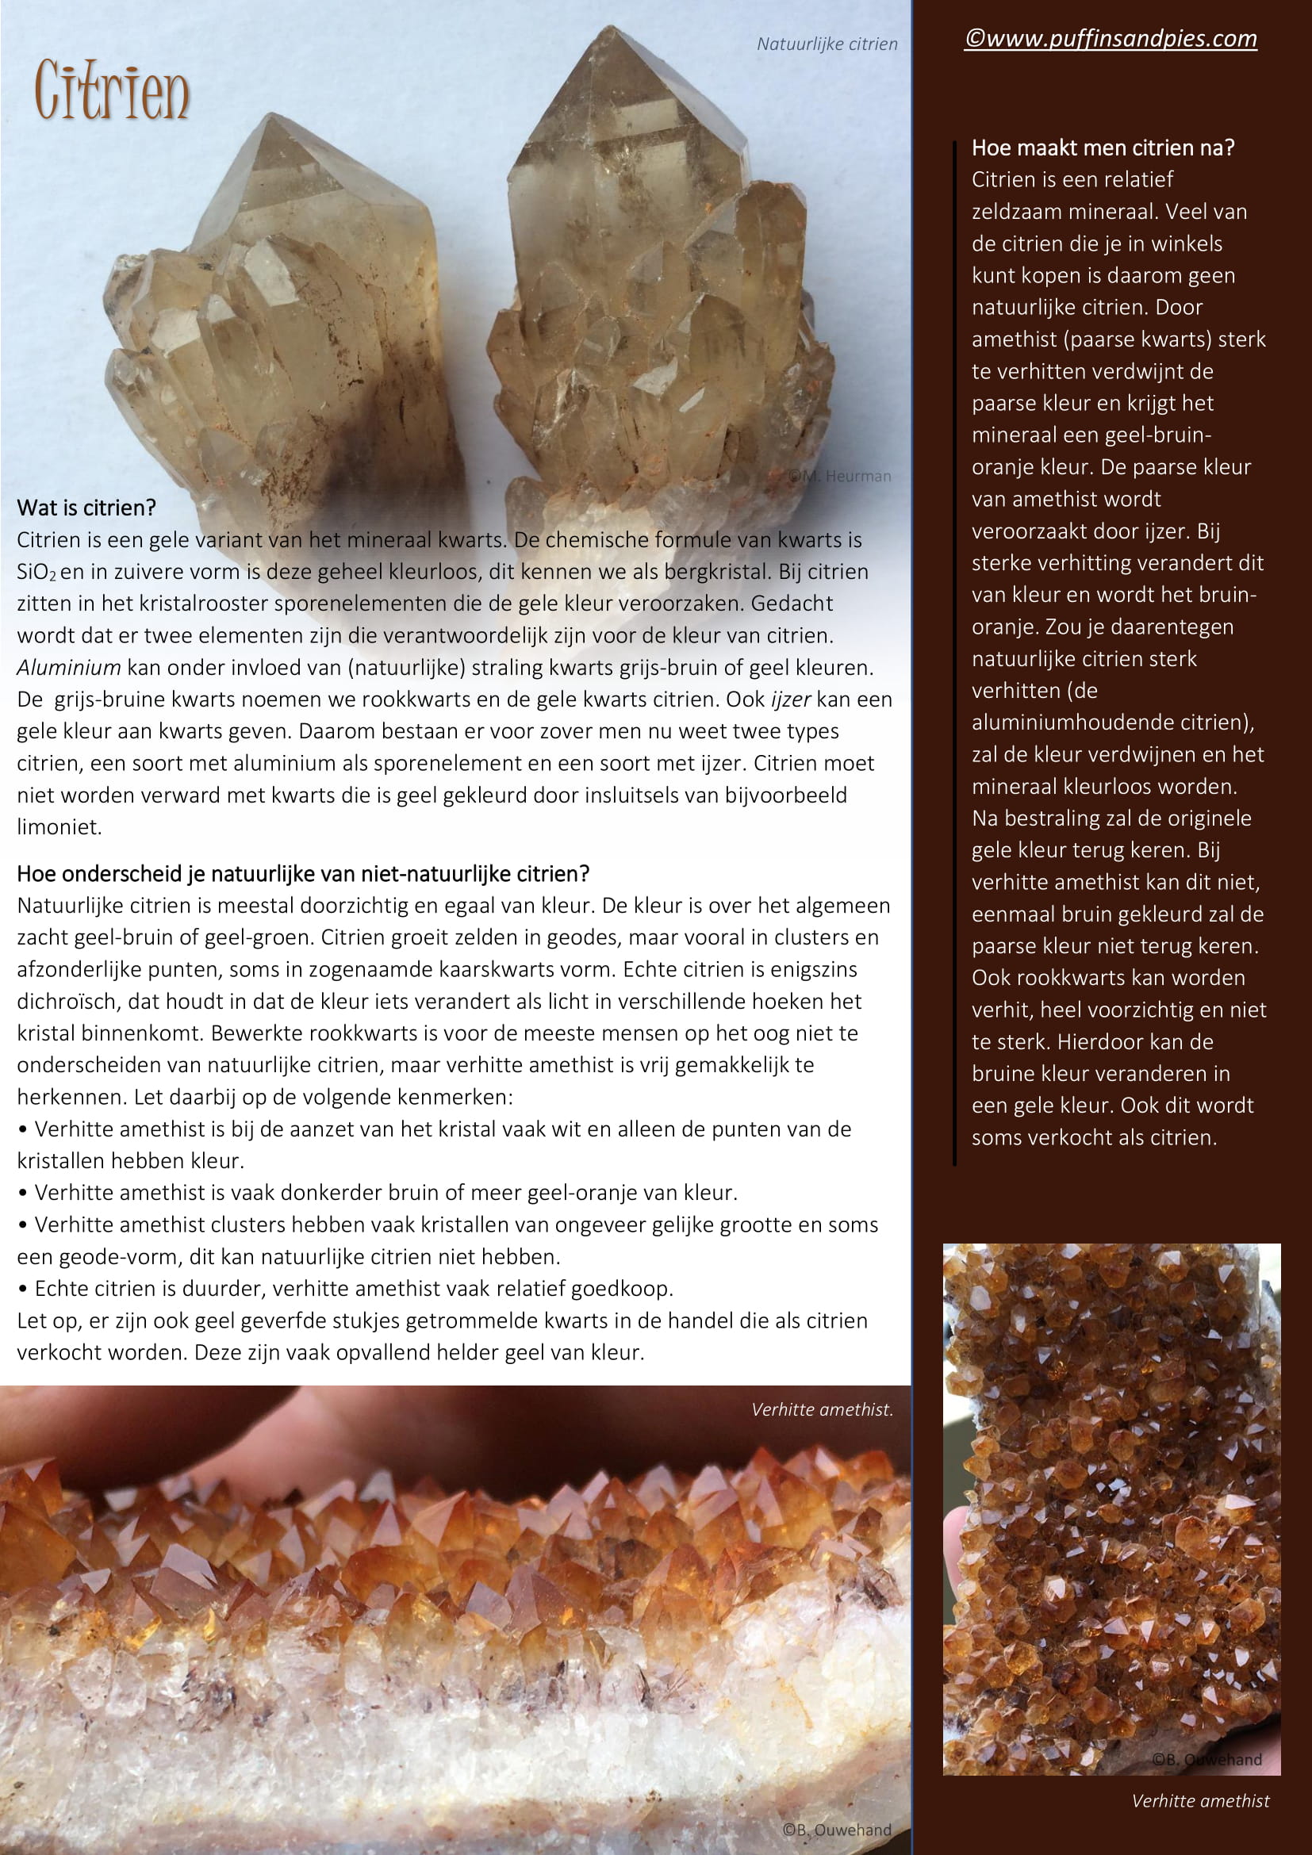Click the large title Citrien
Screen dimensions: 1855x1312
pos(112,90)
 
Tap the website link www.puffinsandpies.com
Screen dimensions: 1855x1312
pos(1111,38)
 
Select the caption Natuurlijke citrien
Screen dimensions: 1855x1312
pos(827,44)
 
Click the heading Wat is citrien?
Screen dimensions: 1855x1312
pos(86,508)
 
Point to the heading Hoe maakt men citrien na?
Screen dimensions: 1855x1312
pos(1103,148)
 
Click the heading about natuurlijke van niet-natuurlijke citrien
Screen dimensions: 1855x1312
pos(303,873)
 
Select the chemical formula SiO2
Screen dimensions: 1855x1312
pos(36,572)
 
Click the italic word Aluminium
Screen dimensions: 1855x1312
pos(69,667)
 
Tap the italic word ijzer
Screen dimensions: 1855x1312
pos(790,699)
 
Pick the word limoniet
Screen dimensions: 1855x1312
pos(59,827)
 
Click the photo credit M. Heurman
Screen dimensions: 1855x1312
pos(840,477)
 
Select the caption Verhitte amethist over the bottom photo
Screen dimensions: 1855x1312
pos(822,1410)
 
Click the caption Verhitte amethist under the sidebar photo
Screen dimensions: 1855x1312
pos(1199,1800)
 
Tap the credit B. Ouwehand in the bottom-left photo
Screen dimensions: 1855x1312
pos(836,1830)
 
